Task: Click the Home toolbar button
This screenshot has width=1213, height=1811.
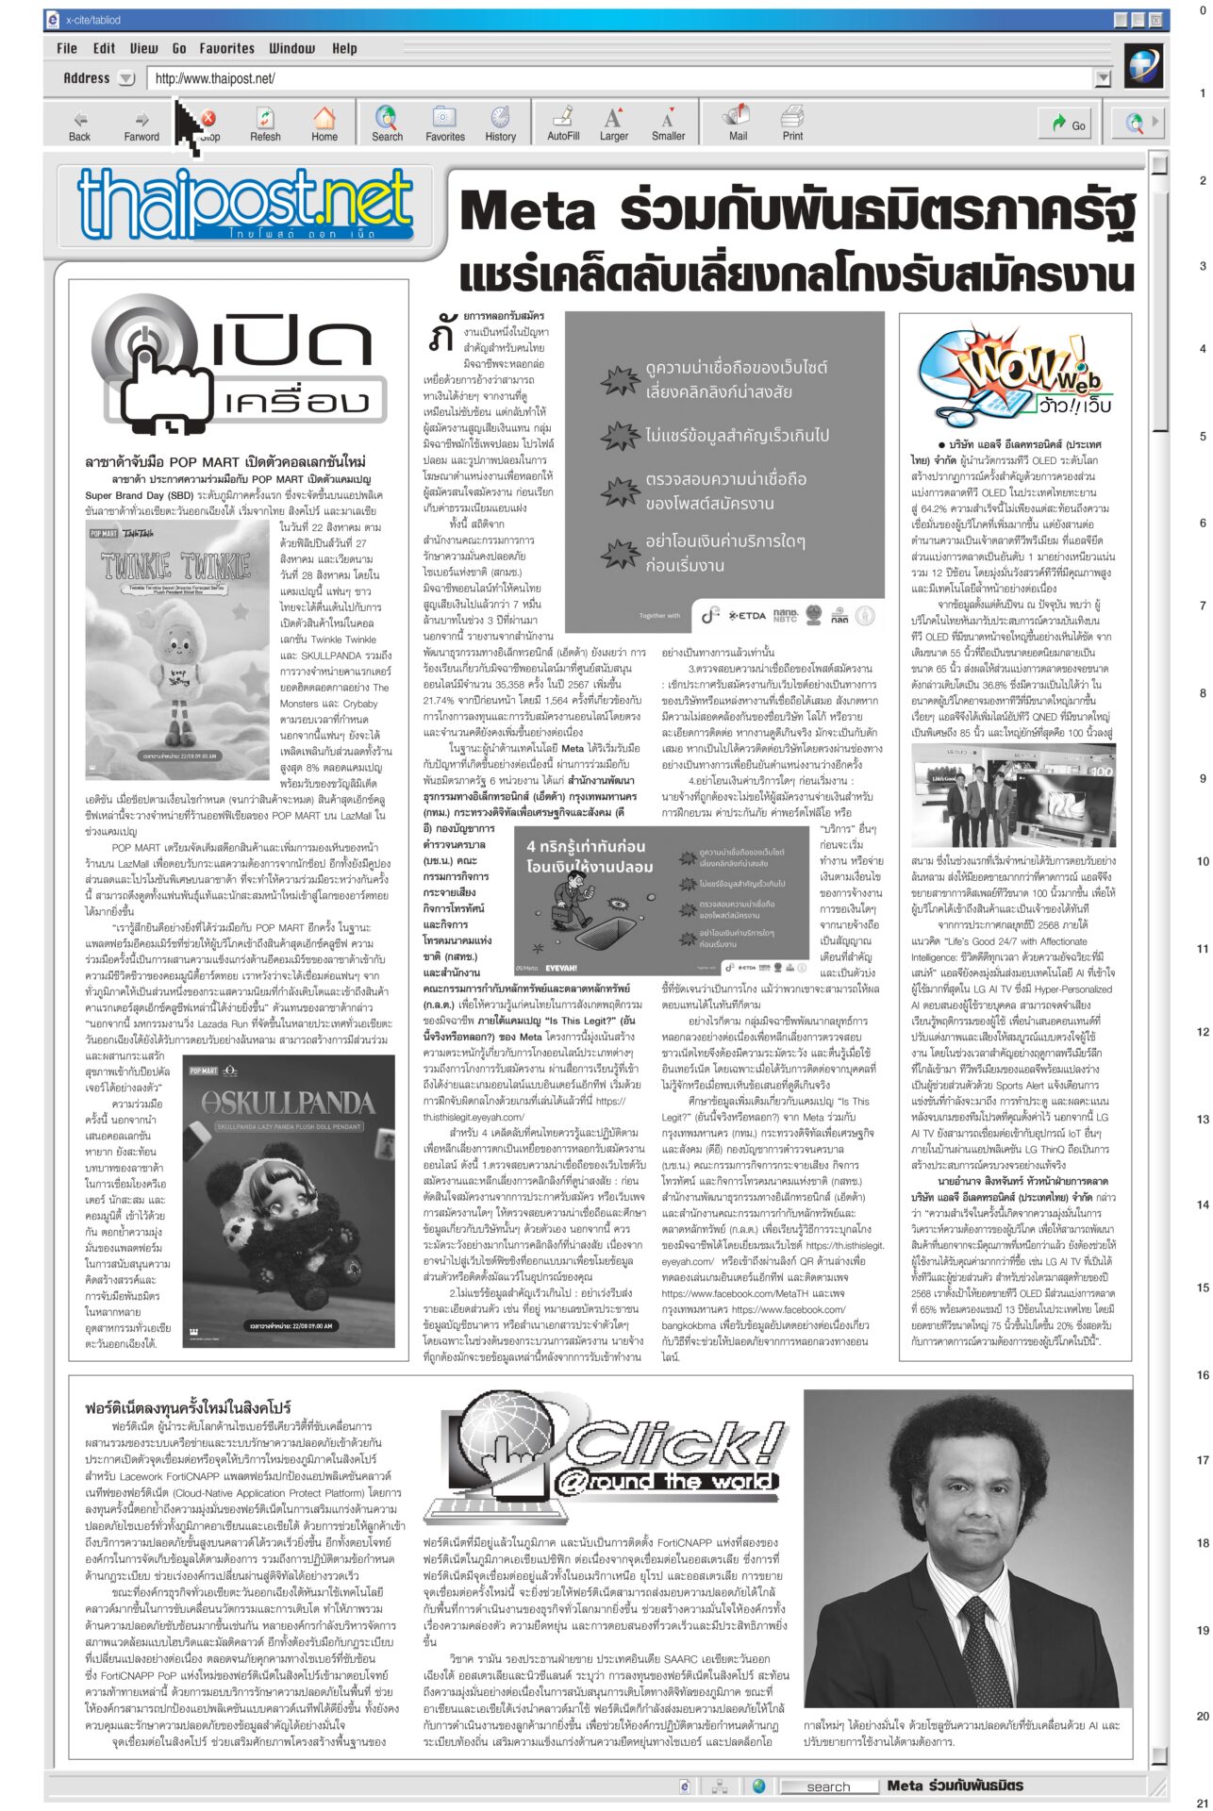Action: click(324, 124)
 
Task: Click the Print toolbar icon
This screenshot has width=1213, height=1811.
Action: click(792, 124)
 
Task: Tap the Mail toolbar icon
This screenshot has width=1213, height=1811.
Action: click(737, 124)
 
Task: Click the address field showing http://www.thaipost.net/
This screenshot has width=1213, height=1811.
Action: click(623, 79)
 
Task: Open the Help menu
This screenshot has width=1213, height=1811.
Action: click(344, 48)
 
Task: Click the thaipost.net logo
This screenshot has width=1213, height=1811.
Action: click(245, 206)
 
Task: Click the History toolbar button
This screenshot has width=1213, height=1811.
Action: click(500, 124)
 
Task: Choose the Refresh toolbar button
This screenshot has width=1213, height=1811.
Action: click(265, 124)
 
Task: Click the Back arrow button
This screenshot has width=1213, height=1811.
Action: click(80, 124)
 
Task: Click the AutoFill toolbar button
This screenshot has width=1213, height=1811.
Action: click(563, 124)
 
